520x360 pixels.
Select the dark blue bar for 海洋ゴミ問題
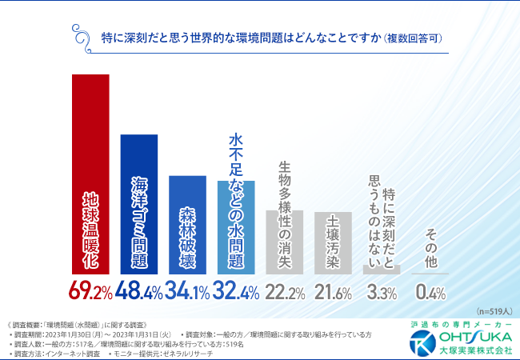139,204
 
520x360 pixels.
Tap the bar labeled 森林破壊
188,225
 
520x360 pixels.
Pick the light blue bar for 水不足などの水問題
236,228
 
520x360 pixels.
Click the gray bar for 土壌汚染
334,243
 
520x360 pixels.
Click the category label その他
430,244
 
